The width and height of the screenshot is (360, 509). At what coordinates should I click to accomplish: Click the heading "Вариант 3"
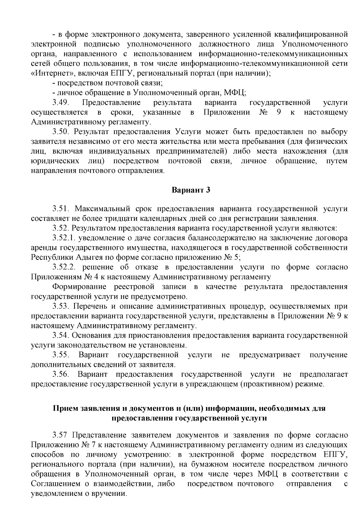(x=191, y=190)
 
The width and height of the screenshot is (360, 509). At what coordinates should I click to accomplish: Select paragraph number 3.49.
(x=61, y=103)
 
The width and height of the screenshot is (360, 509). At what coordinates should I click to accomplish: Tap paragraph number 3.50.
(x=61, y=132)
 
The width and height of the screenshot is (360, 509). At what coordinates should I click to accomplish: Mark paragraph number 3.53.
(x=61, y=307)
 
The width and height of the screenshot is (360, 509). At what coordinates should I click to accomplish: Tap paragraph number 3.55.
(x=61, y=355)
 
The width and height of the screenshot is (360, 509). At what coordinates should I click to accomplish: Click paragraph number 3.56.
(x=61, y=375)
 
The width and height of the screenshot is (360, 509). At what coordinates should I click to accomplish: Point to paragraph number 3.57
(x=60, y=435)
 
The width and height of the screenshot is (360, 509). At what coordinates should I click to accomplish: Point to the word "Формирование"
(x=79, y=287)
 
